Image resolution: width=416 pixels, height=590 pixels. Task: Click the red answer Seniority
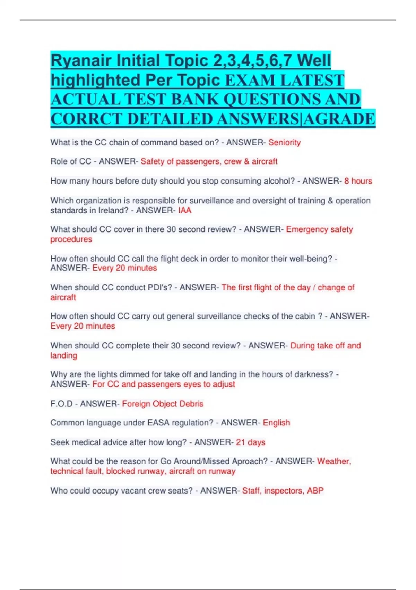click(284, 142)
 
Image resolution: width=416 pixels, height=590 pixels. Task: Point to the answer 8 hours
click(358, 181)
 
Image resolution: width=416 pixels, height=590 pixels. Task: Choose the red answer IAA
click(184, 210)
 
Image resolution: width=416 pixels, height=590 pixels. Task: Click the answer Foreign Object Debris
click(163, 404)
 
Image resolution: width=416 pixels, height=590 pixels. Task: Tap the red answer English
click(276, 423)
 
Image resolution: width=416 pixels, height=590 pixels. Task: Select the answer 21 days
click(250, 442)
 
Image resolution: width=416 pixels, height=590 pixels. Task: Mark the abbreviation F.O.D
click(61, 404)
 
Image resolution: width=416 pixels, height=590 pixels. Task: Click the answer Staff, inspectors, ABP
click(283, 490)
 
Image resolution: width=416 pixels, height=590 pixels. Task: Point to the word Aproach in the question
click(250, 461)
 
